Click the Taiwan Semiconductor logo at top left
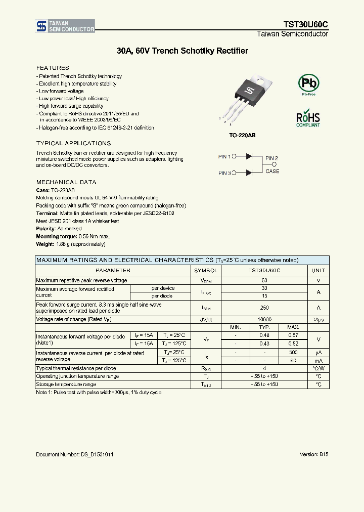[65, 27]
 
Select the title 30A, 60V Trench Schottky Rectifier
[182, 51]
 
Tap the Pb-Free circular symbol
[308, 83]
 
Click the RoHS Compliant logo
[308, 118]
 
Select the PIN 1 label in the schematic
[224, 157]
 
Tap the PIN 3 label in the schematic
[224, 173]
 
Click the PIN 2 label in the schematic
[272, 158]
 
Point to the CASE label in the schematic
[272, 171]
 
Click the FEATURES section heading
[53, 68]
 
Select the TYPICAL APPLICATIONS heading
[73, 144]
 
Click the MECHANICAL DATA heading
[66, 182]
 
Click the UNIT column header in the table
[318, 271]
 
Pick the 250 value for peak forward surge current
[264, 308]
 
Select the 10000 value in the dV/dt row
[264, 320]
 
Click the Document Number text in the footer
[74, 454]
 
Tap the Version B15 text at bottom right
[314, 454]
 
